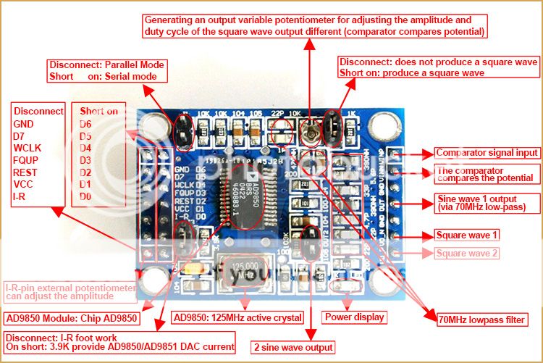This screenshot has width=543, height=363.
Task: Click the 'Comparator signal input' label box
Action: tap(486, 153)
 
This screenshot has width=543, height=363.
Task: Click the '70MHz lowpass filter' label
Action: tap(481, 319)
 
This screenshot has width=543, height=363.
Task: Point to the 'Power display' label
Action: tap(355, 317)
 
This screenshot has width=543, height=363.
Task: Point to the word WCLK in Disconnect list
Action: tap(28, 148)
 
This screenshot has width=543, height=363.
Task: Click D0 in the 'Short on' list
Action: tap(86, 196)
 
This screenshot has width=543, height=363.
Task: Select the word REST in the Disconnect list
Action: tap(27, 172)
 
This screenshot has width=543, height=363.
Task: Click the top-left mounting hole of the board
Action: tap(155, 128)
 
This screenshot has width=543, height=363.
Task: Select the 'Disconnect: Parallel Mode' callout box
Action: tap(107, 70)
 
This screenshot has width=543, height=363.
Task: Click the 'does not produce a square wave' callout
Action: tap(438, 67)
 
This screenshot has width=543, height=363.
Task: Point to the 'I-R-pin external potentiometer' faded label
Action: tap(70, 292)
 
